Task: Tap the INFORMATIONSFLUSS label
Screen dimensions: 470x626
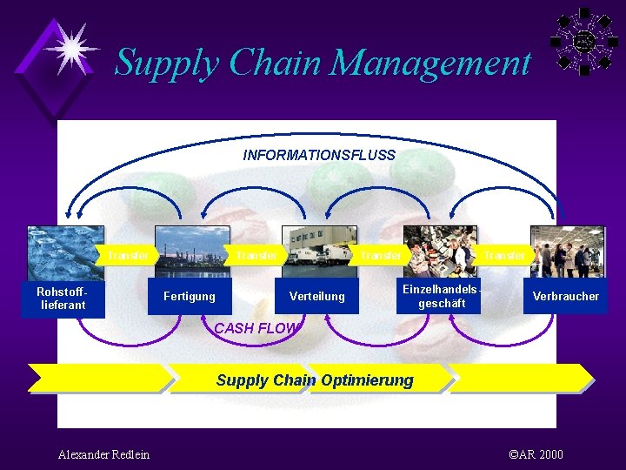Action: click(319, 156)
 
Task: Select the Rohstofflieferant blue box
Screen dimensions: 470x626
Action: click(63, 299)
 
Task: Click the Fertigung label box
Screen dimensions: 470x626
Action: click(190, 297)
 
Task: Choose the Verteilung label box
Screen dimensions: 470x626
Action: click(316, 297)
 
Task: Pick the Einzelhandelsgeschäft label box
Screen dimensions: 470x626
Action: click(442, 297)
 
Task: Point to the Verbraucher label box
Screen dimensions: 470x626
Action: click(565, 297)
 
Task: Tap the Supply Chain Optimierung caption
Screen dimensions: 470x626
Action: click(315, 380)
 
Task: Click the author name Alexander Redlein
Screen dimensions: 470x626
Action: click(103, 454)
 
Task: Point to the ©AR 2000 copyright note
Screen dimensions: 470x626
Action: click(535, 454)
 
